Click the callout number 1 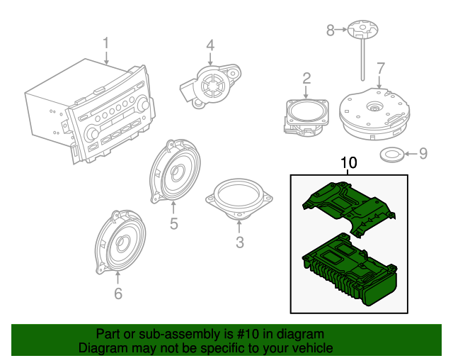click(x=106, y=43)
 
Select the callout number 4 click(x=210, y=45)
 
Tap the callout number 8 click(x=330, y=30)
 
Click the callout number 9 click(x=424, y=152)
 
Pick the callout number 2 click(x=306, y=77)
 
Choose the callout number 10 click(x=349, y=163)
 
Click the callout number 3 click(x=239, y=243)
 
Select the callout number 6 click(x=118, y=294)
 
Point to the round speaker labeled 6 click(x=122, y=242)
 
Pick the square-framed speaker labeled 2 click(x=306, y=116)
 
